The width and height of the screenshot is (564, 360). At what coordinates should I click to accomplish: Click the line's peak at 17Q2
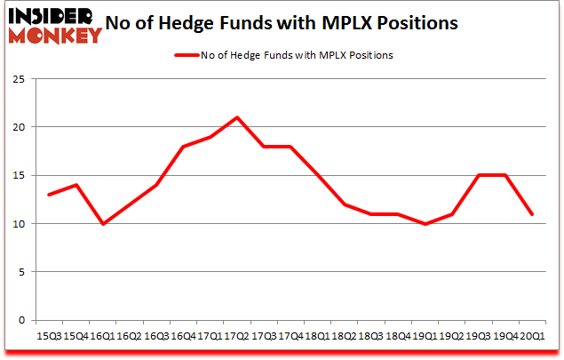tap(236, 117)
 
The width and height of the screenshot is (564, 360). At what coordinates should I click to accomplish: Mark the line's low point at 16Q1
tap(102, 224)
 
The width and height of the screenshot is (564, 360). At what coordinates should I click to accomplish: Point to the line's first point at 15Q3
tap(49, 195)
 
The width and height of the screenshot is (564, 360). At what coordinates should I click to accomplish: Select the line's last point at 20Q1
tap(532, 214)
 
